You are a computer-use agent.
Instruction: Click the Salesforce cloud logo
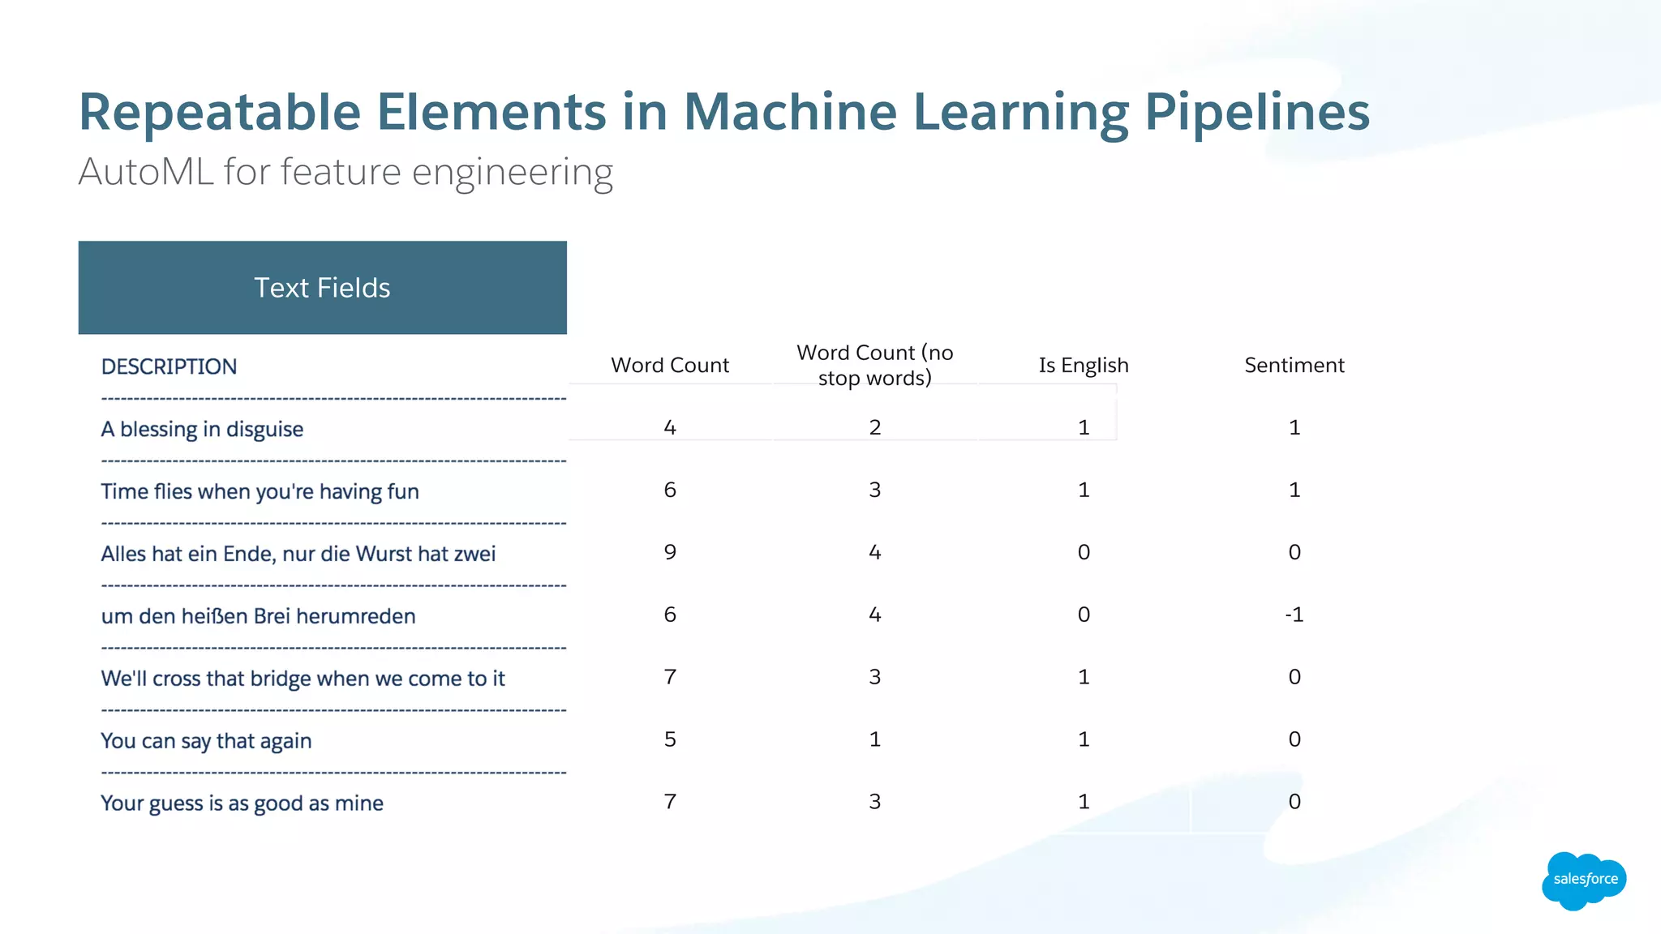pos(1583,880)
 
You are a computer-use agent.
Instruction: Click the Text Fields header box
pos(322,288)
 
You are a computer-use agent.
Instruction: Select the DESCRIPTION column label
pos(169,366)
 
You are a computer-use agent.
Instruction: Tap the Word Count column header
pos(670,366)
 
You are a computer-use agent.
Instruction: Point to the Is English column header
pos(1084,366)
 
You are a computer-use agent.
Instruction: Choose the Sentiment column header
pos(1294,366)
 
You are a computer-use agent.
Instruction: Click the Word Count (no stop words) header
pos(874,365)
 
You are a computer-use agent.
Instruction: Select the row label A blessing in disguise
pos(202,429)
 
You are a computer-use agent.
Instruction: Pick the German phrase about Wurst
pos(298,554)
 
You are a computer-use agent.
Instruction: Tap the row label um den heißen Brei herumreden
pos(258,616)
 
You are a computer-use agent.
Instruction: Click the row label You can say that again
pos(206,741)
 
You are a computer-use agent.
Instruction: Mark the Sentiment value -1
pos(1294,615)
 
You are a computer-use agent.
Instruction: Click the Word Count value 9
pos(670,552)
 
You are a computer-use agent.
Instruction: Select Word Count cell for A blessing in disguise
pos(670,427)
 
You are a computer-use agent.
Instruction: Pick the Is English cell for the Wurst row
pos(1084,552)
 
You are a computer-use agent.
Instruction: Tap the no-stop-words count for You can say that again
pos(874,739)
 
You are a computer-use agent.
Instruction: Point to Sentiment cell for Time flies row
pos(1294,490)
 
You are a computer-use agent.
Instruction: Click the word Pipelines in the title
pos(1257,112)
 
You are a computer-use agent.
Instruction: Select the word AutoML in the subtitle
pos(146,172)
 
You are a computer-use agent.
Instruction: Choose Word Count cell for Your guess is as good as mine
pos(670,802)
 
